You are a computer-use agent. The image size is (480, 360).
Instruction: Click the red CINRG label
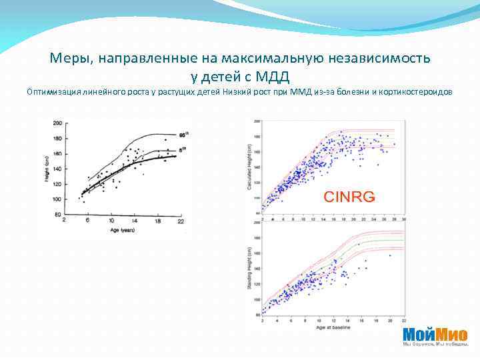[x=349, y=196]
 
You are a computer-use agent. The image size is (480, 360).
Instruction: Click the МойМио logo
[x=435, y=335]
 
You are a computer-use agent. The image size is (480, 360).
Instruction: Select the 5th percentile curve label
[x=181, y=150]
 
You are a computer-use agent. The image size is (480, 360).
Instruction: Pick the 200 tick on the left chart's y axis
[x=57, y=124]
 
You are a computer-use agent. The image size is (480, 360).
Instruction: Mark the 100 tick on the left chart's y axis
[x=57, y=199]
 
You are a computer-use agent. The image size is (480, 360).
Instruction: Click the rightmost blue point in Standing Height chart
[x=390, y=255]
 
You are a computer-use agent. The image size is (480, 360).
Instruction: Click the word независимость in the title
[x=382, y=58]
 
